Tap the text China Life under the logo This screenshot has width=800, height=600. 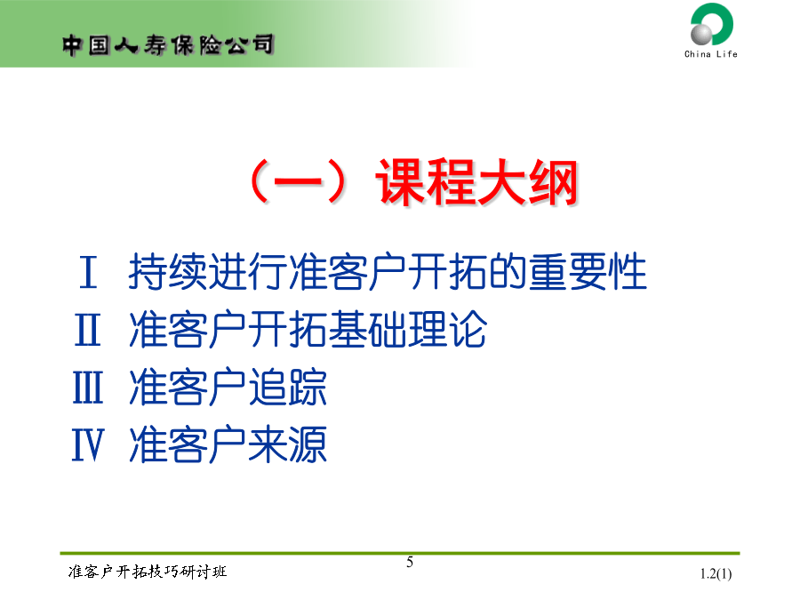click(x=711, y=54)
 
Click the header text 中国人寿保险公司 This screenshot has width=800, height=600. click(x=168, y=45)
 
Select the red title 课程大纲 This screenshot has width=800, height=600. click(x=477, y=182)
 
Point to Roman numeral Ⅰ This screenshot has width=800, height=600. click(x=88, y=272)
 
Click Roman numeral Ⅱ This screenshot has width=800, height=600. click(x=88, y=330)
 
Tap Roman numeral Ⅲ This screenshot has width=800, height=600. click(x=88, y=388)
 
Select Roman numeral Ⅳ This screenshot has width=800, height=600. click(x=88, y=445)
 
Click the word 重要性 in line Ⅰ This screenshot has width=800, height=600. click(x=588, y=272)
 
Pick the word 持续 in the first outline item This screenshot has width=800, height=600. click(x=168, y=272)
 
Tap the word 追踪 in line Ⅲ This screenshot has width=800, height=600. click(x=288, y=388)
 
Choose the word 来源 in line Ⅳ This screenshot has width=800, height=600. click(x=288, y=445)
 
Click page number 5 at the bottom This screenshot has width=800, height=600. click(x=410, y=563)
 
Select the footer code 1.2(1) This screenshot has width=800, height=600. click(x=716, y=574)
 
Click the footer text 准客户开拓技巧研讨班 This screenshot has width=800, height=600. click(x=148, y=572)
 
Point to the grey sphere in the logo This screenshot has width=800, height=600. click(x=701, y=34)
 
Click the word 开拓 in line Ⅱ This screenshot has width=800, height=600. click(x=288, y=330)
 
